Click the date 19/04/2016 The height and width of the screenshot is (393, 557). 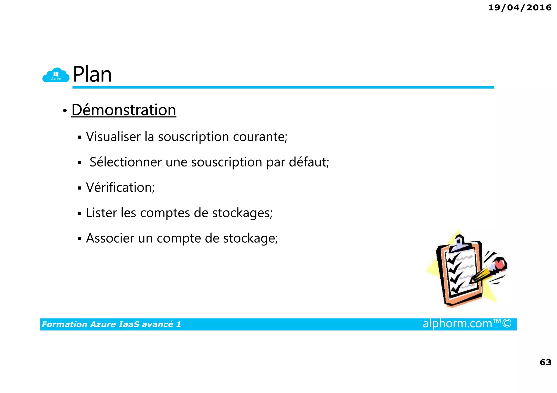point(520,8)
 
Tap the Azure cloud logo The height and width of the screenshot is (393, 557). point(56,75)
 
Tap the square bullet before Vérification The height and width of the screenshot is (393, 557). point(79,188)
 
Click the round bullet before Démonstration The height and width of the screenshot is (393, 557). point(65,111)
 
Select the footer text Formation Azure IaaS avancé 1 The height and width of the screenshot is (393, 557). point(111,324)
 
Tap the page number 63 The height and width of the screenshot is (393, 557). point(545,362)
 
